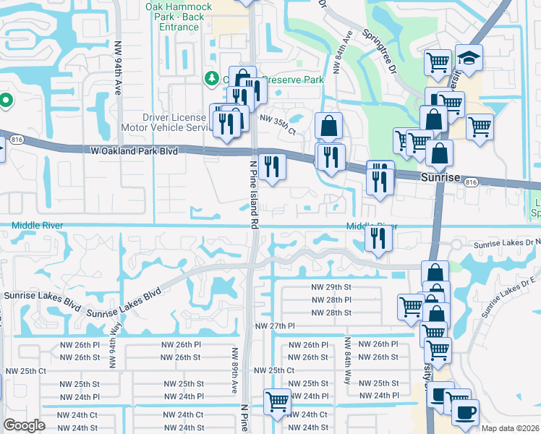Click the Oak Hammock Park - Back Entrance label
[x=179, y=17]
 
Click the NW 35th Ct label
[x=278, y=124]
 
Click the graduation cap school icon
[x=469, y=59]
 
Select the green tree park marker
[x=212, y=77]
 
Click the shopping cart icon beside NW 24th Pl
[x=277, y=401]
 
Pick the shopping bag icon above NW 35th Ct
[x=328, y=126]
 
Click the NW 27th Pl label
[x=275, y=326]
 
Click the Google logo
[x=24, y=425]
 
